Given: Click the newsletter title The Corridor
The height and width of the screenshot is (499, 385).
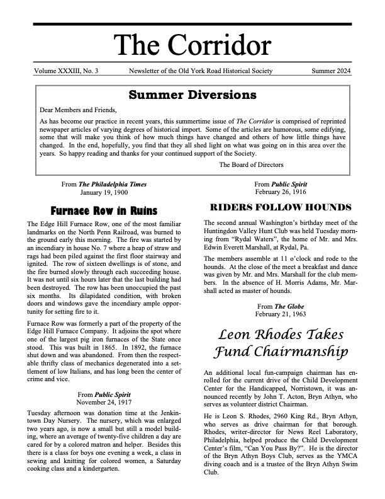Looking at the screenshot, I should pyautogui.click(x=192, y=46).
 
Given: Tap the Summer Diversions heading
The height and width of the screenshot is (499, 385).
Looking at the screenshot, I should pyautogui.click(x=192, y=96).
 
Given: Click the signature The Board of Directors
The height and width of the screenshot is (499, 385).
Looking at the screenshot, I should pyautogui.click(x=252, y=165).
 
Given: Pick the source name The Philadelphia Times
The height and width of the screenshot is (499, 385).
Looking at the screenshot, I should pyautogui.click(x=113, y=184).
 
